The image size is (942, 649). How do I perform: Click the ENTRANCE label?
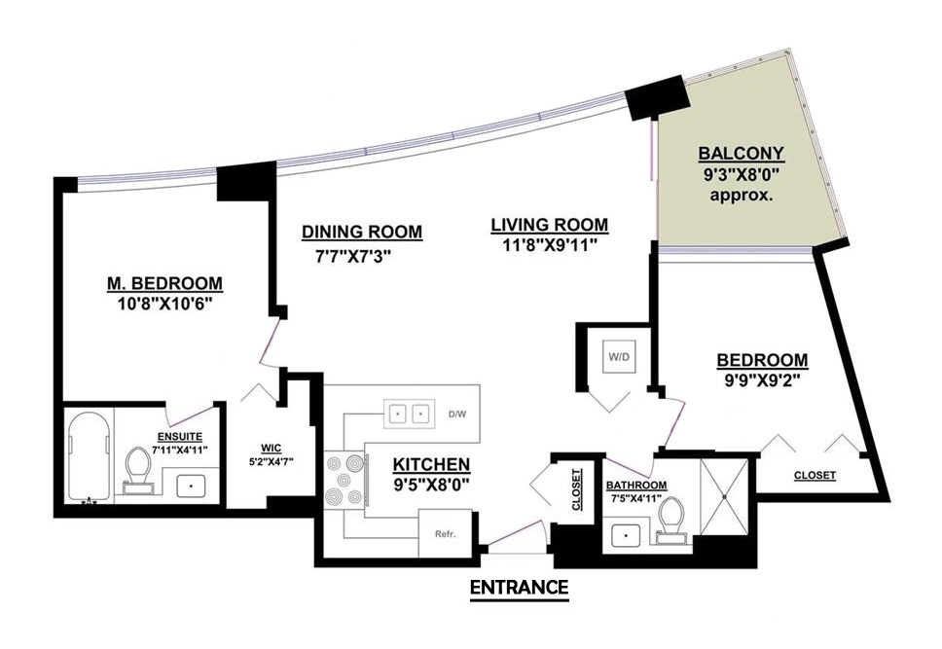pos(519,587)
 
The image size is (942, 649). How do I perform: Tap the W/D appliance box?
pos(619,357)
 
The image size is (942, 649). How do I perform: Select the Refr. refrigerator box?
pos(445,533)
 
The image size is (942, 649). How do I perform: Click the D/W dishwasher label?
pos(457,415)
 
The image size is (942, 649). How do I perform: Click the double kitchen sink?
pos(409,415)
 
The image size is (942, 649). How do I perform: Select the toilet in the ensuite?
pos(138,470)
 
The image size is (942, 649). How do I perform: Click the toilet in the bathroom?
pos(672,520)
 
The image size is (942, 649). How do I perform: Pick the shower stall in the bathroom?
pos(725,497)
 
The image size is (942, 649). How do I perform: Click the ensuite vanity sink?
pos(192,486)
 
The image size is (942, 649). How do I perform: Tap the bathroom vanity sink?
pos(626,535)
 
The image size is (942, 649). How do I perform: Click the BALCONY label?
pos(741,153)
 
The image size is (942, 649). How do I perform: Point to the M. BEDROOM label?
pos(164,283)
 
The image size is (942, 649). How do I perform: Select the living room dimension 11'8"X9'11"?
pos(550,245)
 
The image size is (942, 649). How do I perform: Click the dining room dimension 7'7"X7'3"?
pos(353,257)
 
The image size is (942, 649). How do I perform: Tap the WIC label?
pos(272,449)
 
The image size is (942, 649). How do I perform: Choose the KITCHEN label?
pos(431,464)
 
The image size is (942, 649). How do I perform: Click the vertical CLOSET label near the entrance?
pos(577,489)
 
